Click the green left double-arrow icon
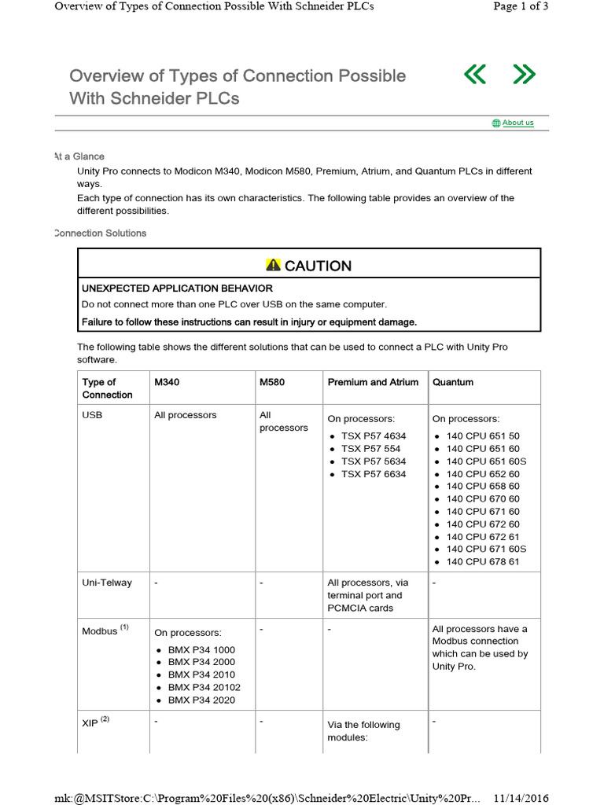tap(475, 75)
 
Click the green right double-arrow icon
tap(524, 75)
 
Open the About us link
tap(517, 123)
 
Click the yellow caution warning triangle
tap(273, 265)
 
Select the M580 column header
tap(272, 382)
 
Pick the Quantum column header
tap(453, 382)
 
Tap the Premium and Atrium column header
tap(373, 382)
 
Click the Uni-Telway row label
tap(107, 583)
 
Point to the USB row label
tap(93, 415)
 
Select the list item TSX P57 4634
tap(374, 436)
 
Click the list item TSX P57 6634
tap(374, 474)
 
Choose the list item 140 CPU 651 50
tap(483, 436)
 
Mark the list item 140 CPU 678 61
tap(483, 562)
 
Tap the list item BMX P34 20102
tap(204, 688)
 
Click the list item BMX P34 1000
tap(201, 650)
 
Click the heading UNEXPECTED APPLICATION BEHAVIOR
tap(178, 289)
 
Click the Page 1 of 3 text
tap(521, 6)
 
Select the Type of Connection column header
tap(108, 388)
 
